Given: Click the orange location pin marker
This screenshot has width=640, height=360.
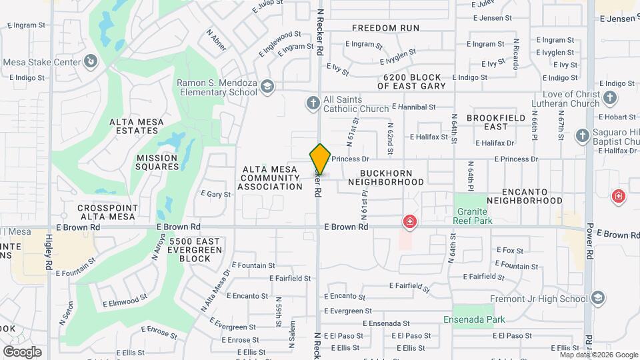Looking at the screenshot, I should pyautogui.click(x=320, y=159).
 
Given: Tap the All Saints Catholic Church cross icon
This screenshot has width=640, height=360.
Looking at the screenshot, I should pyautogui.click(x=313, y=103).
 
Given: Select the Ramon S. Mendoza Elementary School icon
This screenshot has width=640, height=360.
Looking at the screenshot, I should pyautogui.click(x=267, y=86).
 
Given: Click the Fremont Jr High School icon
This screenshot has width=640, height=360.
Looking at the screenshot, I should pyautogui.click(x=597, y=297).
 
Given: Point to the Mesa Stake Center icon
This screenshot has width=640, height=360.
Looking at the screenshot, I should pyautogui.click(x=91, y=62).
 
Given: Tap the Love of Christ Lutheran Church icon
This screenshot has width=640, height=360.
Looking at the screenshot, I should pyautogui.click(x=610, y=99).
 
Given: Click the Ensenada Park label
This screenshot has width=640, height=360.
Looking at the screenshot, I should pyautogui.click(x=474, y=319).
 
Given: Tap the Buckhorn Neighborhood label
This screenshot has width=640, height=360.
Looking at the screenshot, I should pyautogui.click(x=386, y=177).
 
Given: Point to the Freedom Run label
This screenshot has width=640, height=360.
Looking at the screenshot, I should pyautogui.click(x=385, y=28).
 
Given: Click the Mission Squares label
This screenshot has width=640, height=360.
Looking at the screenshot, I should pyautogui.click(x=157, y=163).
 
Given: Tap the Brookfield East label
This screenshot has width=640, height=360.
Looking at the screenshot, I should pyautogui.click(x=496, y=122).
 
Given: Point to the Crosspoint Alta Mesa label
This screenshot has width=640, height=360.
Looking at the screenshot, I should pyautogui.click(x=107, y=212).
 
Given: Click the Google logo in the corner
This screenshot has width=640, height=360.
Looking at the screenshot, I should pyautogui.click(x=22, y=351).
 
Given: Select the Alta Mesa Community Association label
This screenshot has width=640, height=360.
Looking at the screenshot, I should pyautogui.click(x=271, y=178).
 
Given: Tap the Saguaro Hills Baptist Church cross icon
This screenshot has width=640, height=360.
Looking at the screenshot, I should pyautogui.click(x=582, y=136).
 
